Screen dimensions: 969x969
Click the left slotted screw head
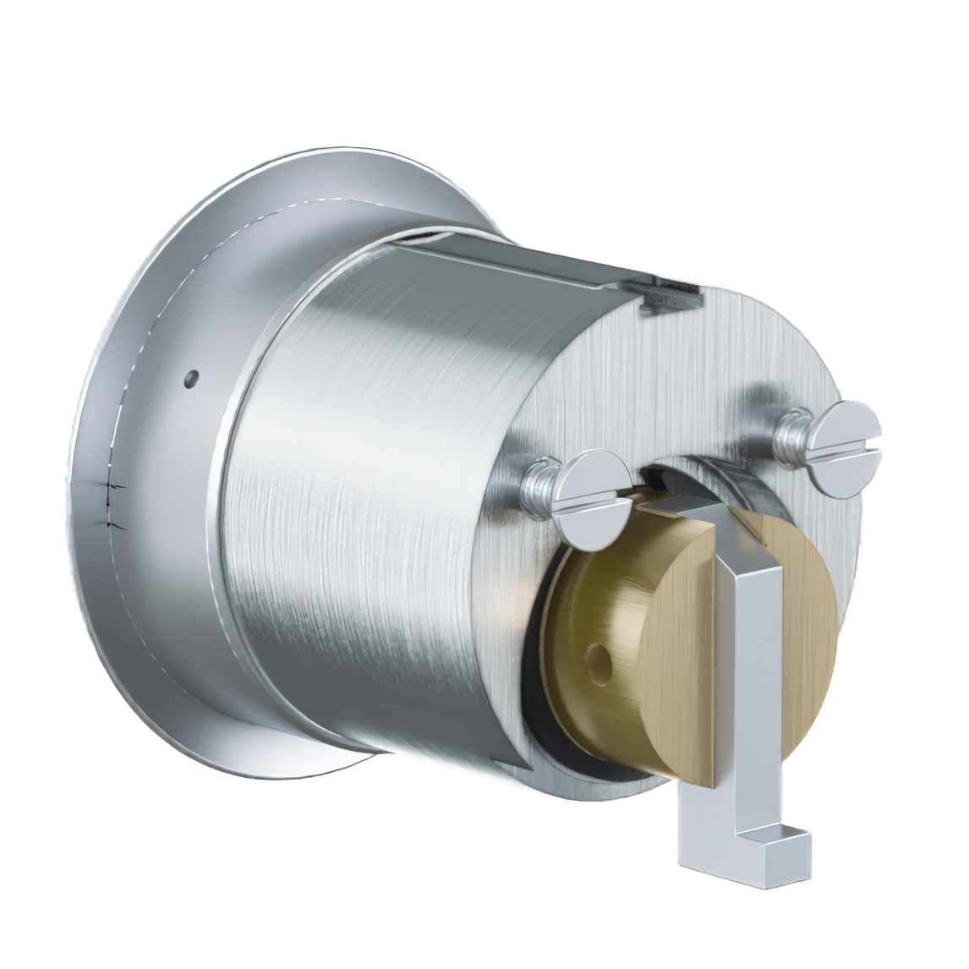[592, 499]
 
